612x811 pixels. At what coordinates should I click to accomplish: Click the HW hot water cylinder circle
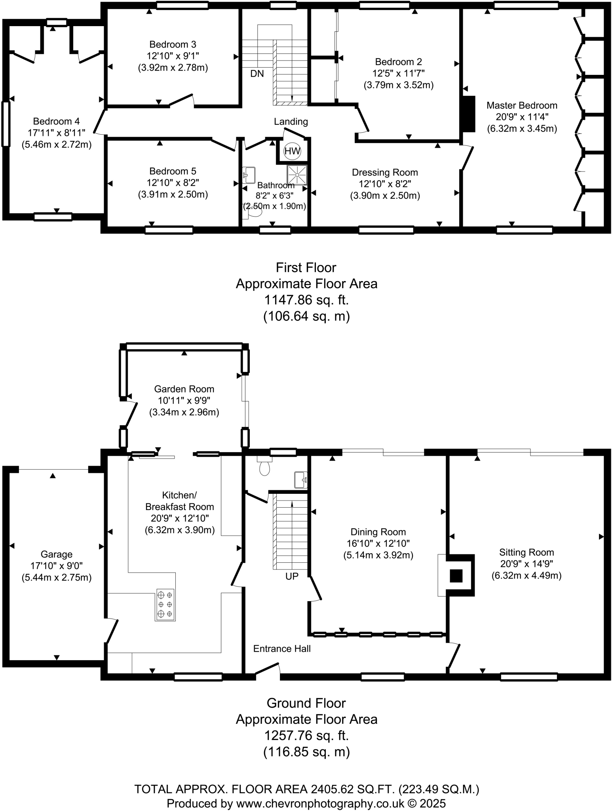293,151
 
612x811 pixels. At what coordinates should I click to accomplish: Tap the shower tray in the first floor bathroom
297,175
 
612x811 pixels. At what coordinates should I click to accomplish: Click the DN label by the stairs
257,74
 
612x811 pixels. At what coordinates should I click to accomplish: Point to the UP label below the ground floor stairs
292,577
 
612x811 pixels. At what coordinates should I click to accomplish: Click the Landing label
291,122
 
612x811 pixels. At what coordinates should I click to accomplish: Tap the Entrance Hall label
282,649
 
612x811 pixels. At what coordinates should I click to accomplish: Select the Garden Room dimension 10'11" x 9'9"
184,400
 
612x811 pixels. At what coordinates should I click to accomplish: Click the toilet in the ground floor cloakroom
264,467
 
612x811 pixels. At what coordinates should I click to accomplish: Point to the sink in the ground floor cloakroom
300,480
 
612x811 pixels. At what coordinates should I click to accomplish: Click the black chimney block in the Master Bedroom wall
469,114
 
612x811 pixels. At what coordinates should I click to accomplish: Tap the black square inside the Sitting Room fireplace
456,576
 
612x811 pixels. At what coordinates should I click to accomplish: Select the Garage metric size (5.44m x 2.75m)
57,577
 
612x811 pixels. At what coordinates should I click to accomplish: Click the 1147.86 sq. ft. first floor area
306,300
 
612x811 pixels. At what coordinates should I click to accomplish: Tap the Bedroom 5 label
173,171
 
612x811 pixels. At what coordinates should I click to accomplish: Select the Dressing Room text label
385,172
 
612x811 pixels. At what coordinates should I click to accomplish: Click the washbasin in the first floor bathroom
249,173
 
